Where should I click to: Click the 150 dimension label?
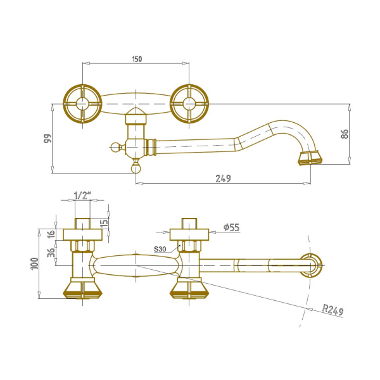[137, 59]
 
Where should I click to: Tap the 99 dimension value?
[47, 138]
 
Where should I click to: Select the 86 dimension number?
[345, 134]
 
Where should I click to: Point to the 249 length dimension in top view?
[223, 179]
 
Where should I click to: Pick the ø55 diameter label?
[231, 227]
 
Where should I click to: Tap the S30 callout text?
[160, 249]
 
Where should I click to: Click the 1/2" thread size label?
[82, 195]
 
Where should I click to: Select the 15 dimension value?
[104, 222]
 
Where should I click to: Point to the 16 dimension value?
[51, 234]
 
